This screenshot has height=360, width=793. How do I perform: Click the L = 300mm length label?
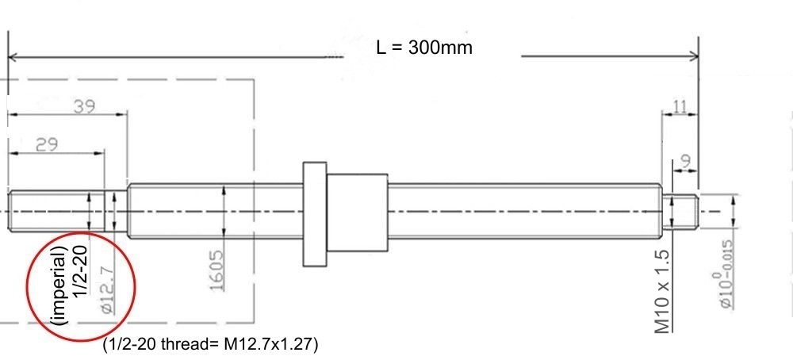pyautogui.click(x=424, y=48)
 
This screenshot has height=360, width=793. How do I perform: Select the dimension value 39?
pyautogui.click(x=84, y=107)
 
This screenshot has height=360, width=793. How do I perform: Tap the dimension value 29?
pyautogui.click(x=46, y=144)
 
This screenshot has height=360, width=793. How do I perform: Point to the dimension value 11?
pyautogui.click(x=680, y=107)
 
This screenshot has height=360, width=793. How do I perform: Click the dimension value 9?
pyautogui.click(x=686, y=162)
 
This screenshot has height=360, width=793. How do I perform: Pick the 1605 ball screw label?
pyautogui.click(x=217, y=270)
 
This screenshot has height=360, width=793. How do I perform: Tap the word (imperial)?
pyautogui.click(x=59, y=285)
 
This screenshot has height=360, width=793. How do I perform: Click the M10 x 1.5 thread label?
pyautogui.click(x=663, y=292)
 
